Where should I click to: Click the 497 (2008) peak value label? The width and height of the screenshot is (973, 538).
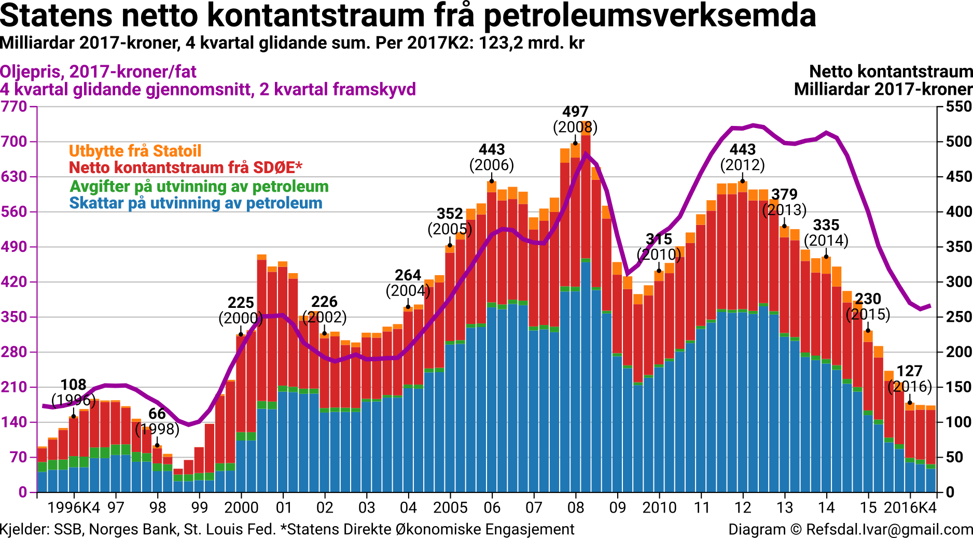[x=575, y=120]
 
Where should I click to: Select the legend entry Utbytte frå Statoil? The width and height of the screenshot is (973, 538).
[x=135, y=151]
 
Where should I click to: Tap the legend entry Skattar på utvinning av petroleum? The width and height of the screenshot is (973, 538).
[x=196, y=203]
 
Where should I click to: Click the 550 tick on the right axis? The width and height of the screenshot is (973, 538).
[x=958, y=107]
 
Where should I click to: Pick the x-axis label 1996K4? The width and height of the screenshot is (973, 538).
[x=73, y=507]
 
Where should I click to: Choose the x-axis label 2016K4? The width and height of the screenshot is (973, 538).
[x=910, y=507]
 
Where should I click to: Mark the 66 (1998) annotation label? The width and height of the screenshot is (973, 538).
[x=157, y=421]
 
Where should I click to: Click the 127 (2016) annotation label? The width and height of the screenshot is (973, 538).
[x=910, y=379]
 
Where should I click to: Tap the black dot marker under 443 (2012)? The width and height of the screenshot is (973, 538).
[x=742, y=180]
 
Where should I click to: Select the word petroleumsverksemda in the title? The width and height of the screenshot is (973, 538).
[x=650, y=16]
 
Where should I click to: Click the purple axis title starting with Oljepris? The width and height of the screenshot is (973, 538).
[x=99, y=72]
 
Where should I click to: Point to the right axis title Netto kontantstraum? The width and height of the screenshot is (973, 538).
[x=891, y=72]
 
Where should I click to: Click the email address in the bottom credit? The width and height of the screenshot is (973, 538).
[x=889, y=530]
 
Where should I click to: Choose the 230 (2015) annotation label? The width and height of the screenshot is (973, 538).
[x=868, y=306]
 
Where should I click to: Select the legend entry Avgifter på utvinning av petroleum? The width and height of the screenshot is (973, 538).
[x=199, y=186]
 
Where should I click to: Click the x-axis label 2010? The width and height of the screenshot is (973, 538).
[x=659, y=507]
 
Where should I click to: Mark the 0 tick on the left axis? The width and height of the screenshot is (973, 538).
[x=22, y=492]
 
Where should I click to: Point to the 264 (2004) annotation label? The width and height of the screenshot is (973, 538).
[x=408, y=282]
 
